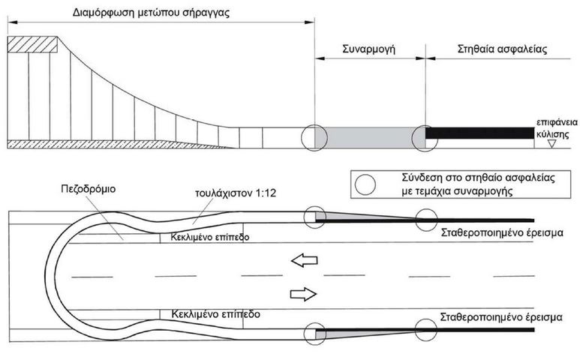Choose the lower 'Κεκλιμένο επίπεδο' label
[x=215, y=314]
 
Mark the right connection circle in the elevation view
[x=425, y=138]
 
